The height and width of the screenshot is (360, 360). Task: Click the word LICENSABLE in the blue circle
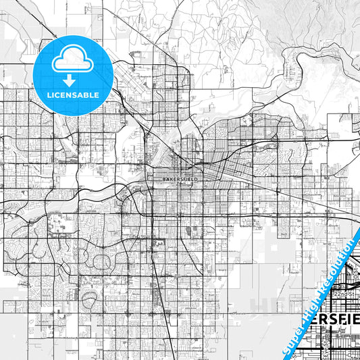click(72, 95)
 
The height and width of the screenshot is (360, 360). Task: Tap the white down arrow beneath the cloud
click(72, 79)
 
